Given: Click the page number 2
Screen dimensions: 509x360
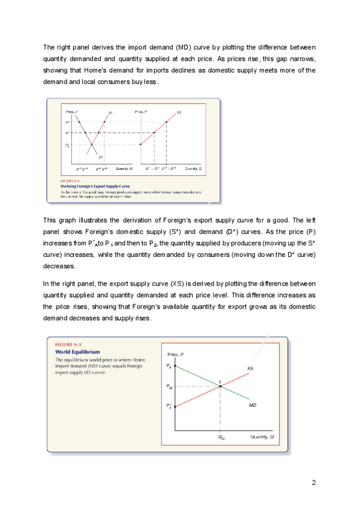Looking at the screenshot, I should [313, 482].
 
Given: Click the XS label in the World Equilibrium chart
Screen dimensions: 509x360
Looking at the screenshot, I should [250, 368].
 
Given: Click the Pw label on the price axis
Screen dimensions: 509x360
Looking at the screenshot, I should [169, 387].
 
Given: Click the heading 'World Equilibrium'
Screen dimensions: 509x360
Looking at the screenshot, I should [77, 351].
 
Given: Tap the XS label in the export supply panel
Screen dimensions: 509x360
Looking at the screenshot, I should [179, 112].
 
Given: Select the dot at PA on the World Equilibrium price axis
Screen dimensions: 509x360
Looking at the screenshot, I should [175, 366].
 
